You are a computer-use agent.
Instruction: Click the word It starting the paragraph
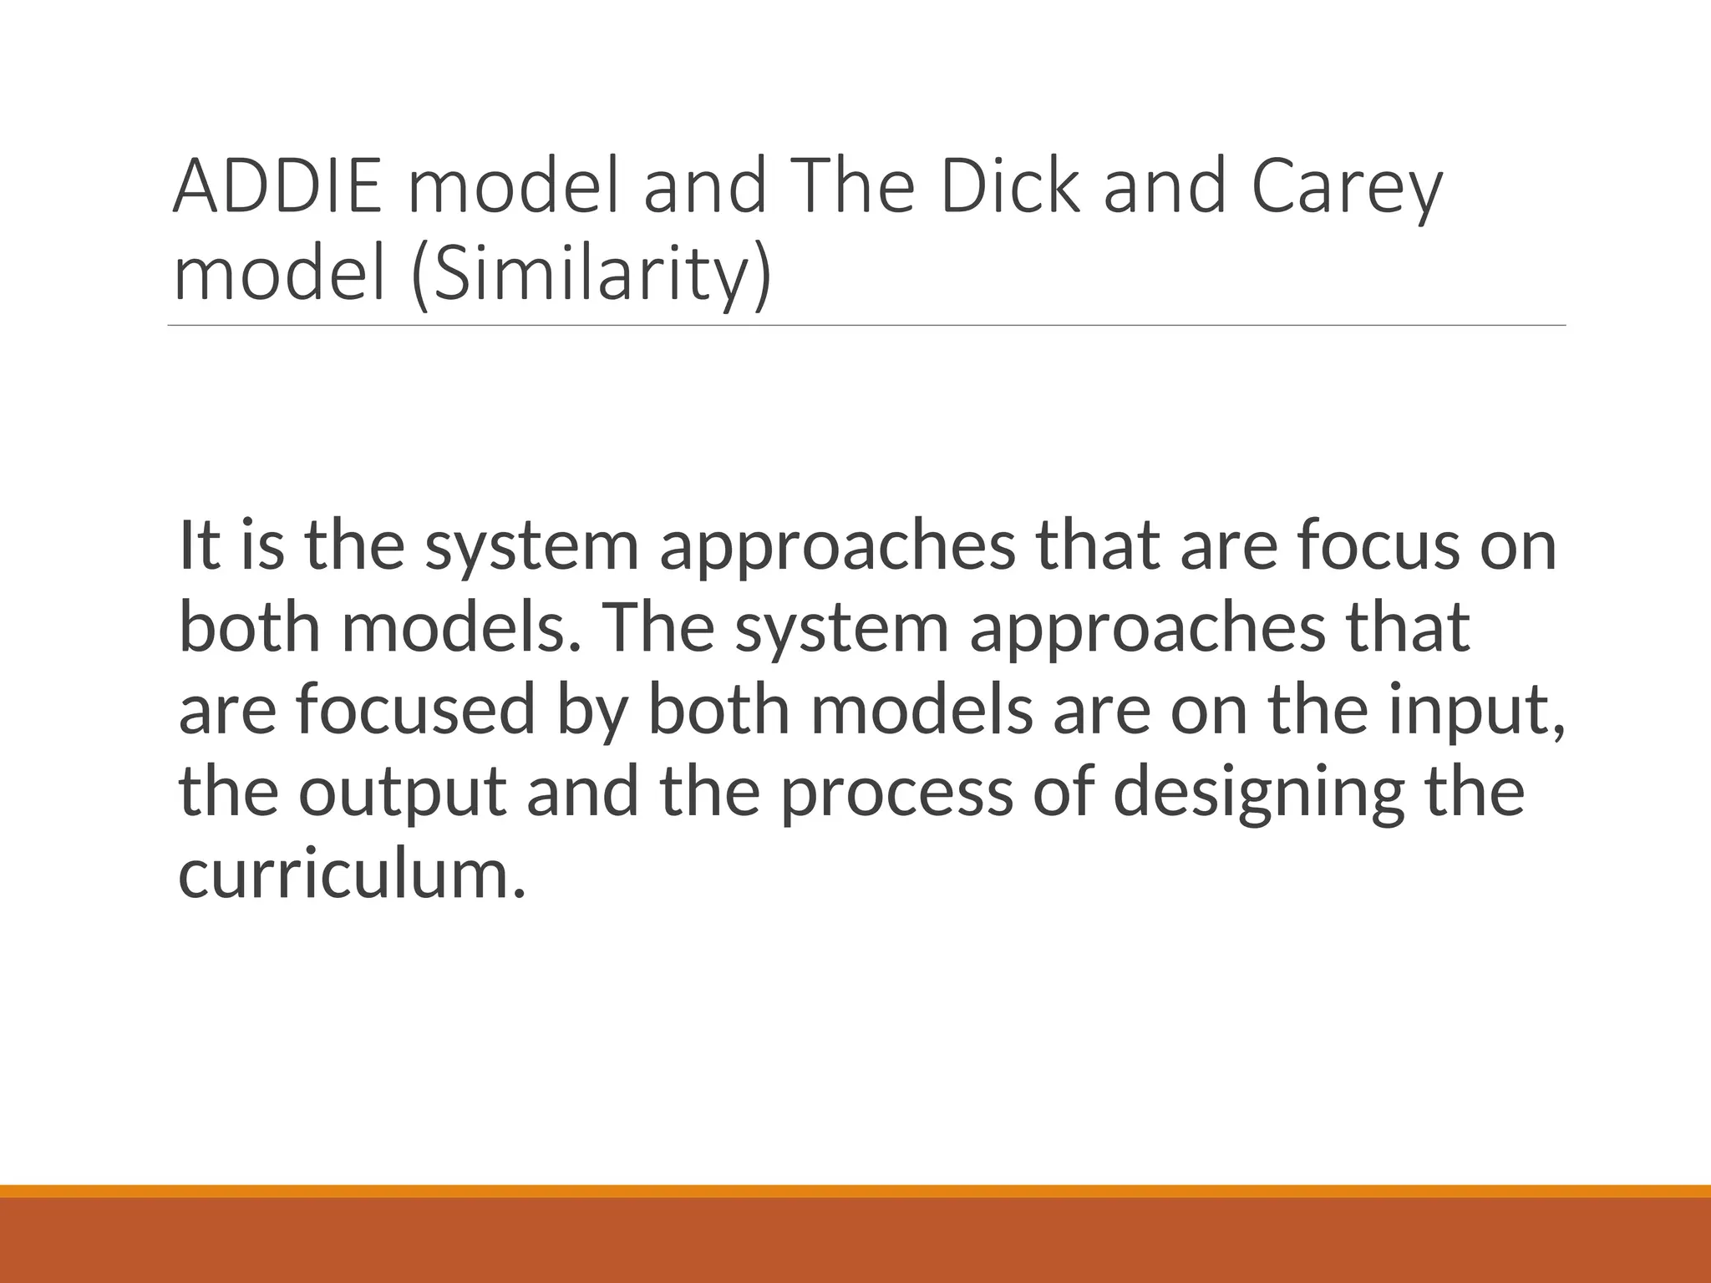click(200, 545)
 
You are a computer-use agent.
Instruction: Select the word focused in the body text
click(414, 709)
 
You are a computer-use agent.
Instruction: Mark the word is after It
click(261, 545)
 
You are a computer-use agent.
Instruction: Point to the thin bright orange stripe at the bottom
click(855, 1190)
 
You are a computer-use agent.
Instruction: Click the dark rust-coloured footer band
click(855, 1240)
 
